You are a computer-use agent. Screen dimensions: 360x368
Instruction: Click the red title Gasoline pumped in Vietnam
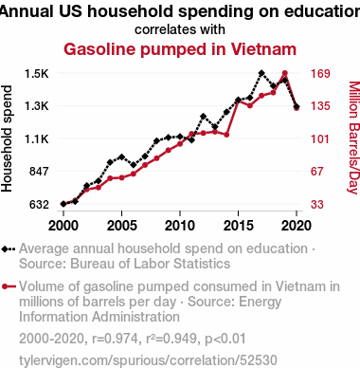tap(180, 49)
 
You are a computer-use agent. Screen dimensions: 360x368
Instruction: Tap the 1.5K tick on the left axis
tap(37, 74)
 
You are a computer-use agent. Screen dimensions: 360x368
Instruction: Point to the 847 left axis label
tap(39, 172)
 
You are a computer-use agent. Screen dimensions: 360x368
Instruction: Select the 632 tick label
tap(39, 205)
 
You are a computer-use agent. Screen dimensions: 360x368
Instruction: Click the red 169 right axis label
tap(320, 74)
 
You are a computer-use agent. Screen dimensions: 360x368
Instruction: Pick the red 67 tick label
tap(317, 172)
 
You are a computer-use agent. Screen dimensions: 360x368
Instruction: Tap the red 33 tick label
tap(317, 205)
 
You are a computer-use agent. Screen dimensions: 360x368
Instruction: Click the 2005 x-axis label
tap(122, 226)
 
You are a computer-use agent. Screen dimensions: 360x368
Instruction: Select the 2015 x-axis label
tap(239, 226)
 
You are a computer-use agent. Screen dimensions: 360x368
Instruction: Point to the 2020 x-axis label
tap(297, 226)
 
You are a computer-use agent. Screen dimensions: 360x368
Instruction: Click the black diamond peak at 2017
tap(261, 73)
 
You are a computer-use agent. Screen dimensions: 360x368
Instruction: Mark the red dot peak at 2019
tap(285, 73)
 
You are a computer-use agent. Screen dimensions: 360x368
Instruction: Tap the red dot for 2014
tap(226, 135)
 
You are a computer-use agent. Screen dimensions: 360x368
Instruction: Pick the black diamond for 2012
tap(203, 117)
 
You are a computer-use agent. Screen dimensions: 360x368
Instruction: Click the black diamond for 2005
tap(121, 156)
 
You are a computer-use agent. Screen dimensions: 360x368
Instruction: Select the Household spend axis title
tap(7, 138)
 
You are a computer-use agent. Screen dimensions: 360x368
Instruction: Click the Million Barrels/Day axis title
tap(354, 138)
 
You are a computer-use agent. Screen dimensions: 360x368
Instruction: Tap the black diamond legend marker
tap(9, 249)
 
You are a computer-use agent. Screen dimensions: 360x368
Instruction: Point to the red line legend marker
tap(9, 286)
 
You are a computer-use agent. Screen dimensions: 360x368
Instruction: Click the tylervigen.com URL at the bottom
tap(148, 360)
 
